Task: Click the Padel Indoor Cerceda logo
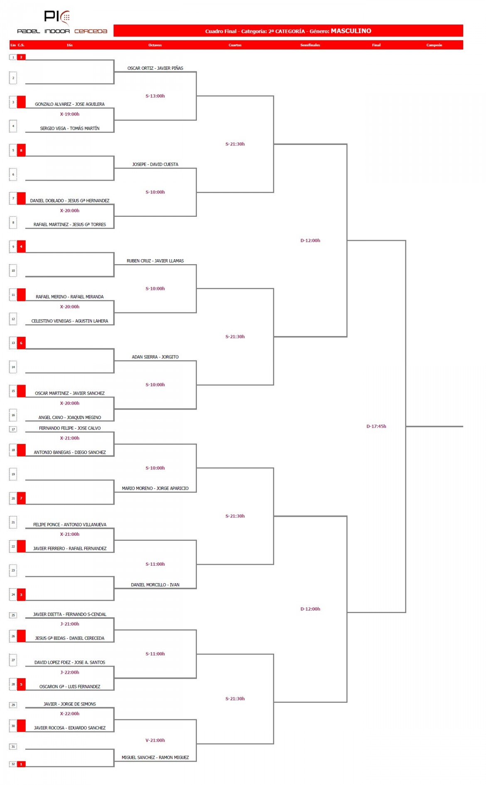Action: pos(62,22)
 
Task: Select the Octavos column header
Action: pos(155,45)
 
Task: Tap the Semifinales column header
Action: pos(310,45)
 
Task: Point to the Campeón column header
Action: pos(434,45)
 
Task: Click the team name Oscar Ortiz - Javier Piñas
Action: pos(155,68)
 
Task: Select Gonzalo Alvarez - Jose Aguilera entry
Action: pos(70,104)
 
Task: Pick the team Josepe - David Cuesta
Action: pos(155,164)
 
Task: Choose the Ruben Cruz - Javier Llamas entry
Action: pos(155,261)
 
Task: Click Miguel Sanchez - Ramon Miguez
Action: pos(155,758)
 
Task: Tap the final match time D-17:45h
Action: pos(376,426)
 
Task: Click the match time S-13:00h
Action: pos(155,96)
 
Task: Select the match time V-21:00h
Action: pos(155,740)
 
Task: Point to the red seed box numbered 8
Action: pos(21,150)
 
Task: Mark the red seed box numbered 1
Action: pos(21,764)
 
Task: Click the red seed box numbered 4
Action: pos(21,246)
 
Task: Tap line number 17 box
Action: pos(13,429)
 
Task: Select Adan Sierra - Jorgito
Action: pos(155,357)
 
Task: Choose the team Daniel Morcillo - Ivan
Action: pos(155,585)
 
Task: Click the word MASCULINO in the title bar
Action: pos(351,31)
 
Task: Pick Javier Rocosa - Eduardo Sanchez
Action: pos(70,728)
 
